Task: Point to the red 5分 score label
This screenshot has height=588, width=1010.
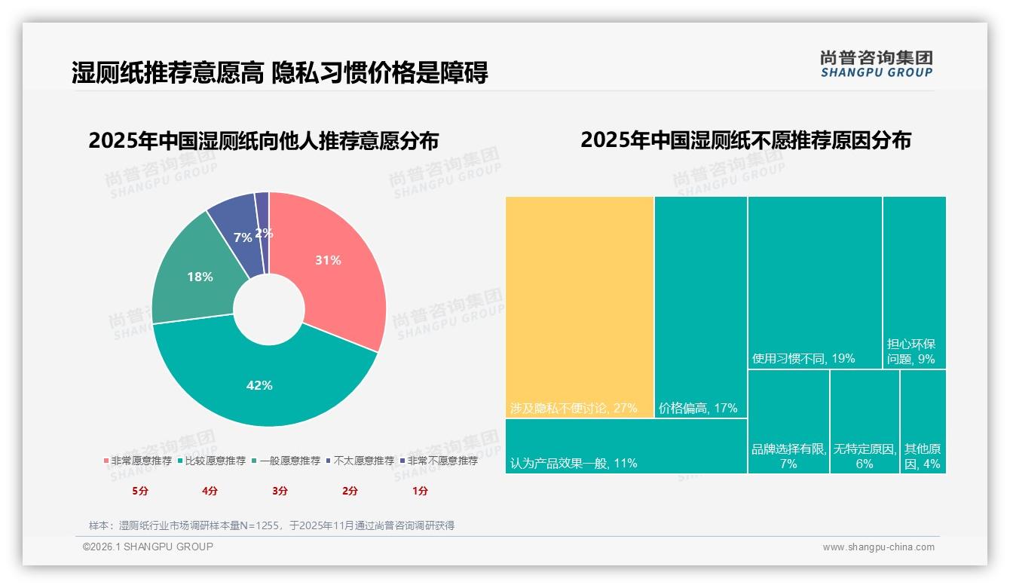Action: [x=141, y=491]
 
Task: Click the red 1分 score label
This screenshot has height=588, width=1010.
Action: [x=420, y=491]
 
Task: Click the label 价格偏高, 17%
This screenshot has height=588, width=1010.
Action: [x=698, y=409]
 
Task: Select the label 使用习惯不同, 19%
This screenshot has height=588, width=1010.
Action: [x=803, y=359]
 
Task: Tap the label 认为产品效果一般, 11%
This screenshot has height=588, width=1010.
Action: [x=574, y=463]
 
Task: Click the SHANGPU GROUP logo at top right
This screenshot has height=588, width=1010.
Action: [x=877, y=64]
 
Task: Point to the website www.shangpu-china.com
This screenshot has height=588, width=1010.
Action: [x=878, y=547]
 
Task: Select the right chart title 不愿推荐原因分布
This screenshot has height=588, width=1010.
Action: [x=745, y=140]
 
